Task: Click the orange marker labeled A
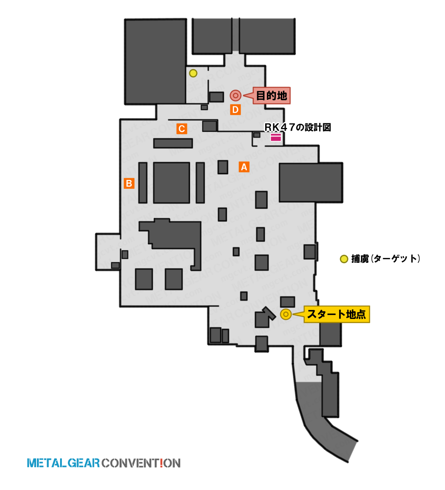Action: click(x=244, y=167)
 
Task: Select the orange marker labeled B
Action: click(x=129, y=183)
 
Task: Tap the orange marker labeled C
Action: click(x=182, y=128)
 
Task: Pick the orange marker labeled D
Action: click(x=235, y=110)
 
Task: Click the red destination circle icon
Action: click(x=235, y=95)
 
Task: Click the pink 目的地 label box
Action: click(x=271, y=95)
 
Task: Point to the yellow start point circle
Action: click(x=286, y=314)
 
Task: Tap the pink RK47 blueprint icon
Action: click(x=276, y=137)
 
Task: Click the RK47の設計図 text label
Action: click(x=298, y=127)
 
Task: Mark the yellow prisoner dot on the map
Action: click(x=193, y=73)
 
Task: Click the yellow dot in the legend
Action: click(x=344, y=259)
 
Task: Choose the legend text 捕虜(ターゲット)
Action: click(x=386, y=259)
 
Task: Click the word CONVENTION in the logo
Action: click(x=141, y=463)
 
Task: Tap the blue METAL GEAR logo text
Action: click(x=63, y=463)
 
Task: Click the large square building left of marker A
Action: click(x=171, y=183)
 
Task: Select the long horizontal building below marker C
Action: click(x=173, y=143)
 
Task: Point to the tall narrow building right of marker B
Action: click(x=143, y=183)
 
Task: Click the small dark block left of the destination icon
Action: click(x=216, y=97)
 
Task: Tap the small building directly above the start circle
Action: click(x=287, y=302)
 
